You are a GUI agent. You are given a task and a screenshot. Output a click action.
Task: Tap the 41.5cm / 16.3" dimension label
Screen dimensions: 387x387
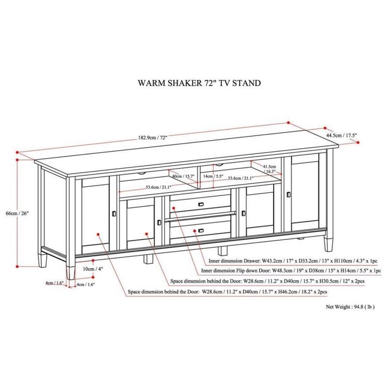pyautogui.click(x=269, y=168)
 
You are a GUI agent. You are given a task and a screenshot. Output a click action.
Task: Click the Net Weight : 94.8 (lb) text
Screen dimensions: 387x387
pyautogui.click(x=350, y=307)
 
